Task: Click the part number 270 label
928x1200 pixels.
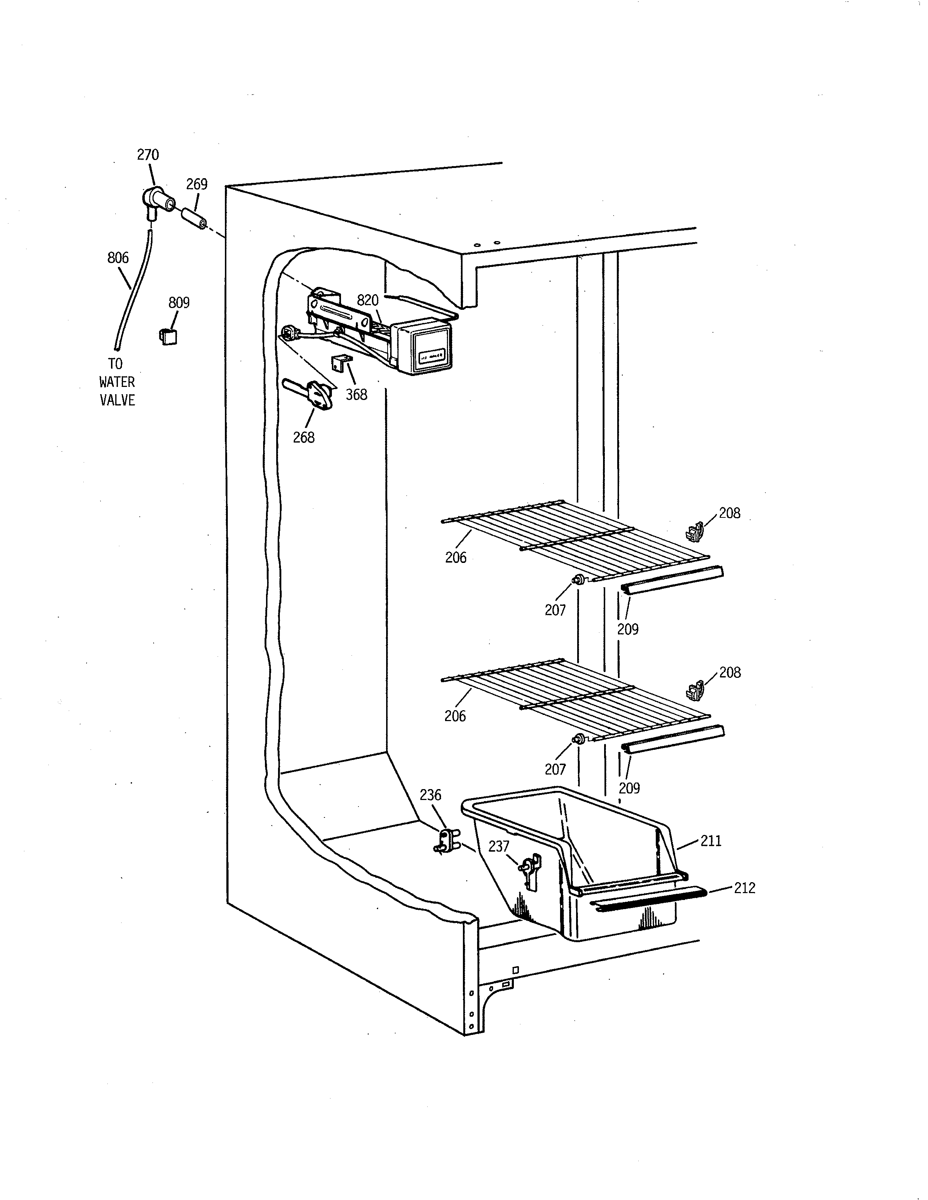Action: coord(148,155)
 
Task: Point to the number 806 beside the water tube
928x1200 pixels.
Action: coord(118,258)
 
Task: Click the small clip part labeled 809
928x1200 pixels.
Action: coord(168,336)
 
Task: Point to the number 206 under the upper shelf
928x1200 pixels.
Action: coord(456,558)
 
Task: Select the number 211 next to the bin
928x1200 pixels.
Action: coord(711,841)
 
